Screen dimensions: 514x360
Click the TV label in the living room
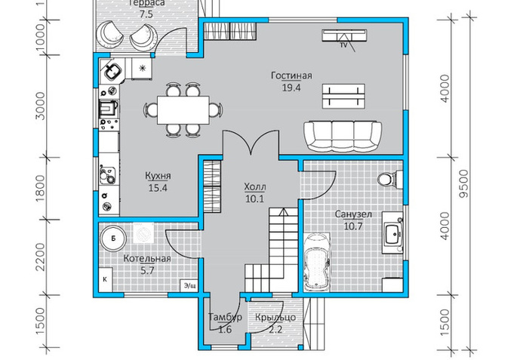click(x=343, y=45)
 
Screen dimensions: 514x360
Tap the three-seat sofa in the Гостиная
click(x=343, y=137)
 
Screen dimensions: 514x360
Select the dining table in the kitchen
click(x=183, y=110)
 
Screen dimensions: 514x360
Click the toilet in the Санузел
click(x=390, y=180)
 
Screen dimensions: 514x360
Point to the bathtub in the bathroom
click(x=317, y=261)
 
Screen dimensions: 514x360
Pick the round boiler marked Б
click(x=113, y=238)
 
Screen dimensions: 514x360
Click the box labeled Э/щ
click(x=189, y=285)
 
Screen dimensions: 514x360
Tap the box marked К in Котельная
click(x=105, y=279)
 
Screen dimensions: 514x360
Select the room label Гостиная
click(x=291, y=75)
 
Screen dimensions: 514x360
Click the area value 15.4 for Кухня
click(x=158, y=188)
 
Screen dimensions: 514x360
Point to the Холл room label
click(x=254, y=187)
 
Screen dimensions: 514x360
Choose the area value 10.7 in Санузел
click(x=353, y=226)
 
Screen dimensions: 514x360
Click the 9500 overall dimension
click(x=464, y=183)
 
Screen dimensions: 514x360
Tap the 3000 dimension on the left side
click(x=40, y=106)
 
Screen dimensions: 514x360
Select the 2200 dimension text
click(x=40, y=257)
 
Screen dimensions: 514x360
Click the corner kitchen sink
click(x=112, y=70)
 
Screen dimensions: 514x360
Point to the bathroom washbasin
click(x=392, y=233)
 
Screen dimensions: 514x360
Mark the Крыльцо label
click(x=275, y=318)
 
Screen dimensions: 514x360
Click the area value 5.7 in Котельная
click(x=147, y=271)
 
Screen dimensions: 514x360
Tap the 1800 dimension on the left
click(x=40, y=189)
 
